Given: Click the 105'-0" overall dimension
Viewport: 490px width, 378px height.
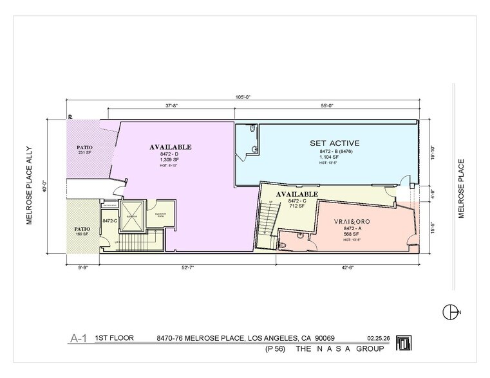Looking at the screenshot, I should (243, 97).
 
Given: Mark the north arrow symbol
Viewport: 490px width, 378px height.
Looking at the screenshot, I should (450, 312).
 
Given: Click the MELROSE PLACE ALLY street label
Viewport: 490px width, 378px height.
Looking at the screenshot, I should (29, 186).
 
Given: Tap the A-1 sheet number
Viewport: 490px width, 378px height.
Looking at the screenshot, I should (78, 337).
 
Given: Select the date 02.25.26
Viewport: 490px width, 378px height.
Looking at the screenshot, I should (379, 337).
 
